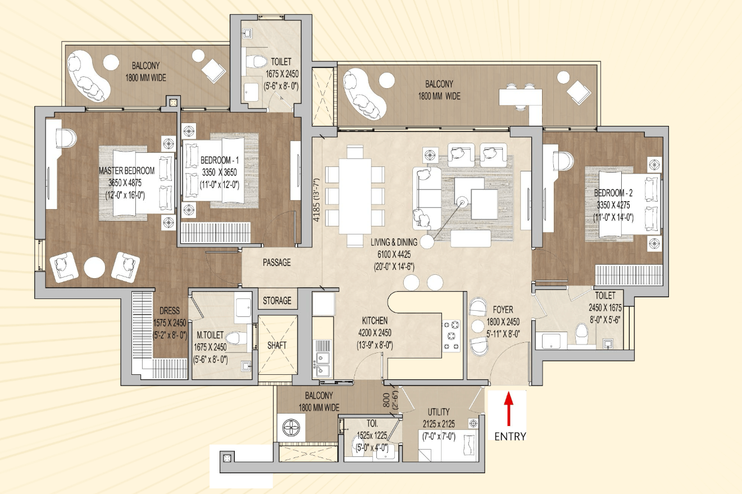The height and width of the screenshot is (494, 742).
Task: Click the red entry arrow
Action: [508, 409]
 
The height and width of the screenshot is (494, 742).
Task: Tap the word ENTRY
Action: [510, 437]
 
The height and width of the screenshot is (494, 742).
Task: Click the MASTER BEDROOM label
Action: [127, 171]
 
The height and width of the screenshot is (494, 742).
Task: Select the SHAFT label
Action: [277, 345]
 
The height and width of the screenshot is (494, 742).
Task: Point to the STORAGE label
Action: [277, 301]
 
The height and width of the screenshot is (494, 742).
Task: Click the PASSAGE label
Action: [276, 262]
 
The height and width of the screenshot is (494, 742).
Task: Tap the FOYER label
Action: [503, 310]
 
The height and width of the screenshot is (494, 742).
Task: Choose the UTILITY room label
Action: [439, 412]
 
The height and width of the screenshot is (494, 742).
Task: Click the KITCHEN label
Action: [375, 320]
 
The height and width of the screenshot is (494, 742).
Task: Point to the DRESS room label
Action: [170, 310]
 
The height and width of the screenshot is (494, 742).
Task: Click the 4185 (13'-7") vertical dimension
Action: [316, 200]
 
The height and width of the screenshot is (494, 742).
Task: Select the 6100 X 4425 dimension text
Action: [394, 255]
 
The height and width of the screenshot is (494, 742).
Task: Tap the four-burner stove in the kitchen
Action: [452, 336]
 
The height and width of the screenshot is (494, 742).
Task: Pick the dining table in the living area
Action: [355, 196]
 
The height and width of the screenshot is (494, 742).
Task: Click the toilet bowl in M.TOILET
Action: [236, 338]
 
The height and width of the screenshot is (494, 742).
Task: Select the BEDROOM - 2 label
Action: [613, 193]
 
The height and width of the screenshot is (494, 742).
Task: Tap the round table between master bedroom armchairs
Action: [94, 268]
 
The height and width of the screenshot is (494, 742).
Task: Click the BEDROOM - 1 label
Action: [219, 160]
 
